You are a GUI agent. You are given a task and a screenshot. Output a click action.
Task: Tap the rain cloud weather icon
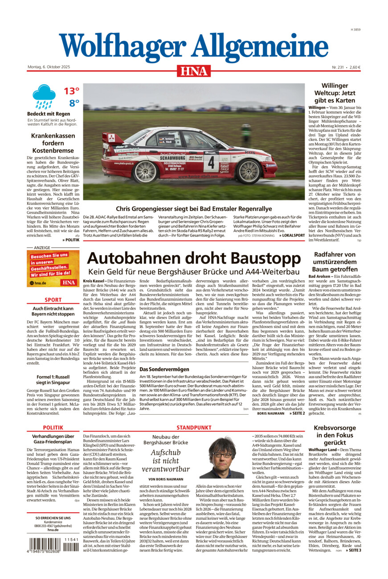(44, 96)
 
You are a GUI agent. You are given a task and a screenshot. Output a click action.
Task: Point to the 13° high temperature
(71, 91)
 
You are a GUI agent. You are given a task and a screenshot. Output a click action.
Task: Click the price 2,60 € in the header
(355, 67)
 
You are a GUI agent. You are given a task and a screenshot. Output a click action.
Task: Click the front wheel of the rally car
(249, 171)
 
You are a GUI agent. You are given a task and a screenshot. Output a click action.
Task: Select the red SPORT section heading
(53, 300)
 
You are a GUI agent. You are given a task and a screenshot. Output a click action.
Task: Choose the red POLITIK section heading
(53, 428)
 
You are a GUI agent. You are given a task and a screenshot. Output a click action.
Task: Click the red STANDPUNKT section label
(193, 428)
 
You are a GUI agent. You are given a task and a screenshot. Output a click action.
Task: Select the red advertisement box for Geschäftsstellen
(53, 268)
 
